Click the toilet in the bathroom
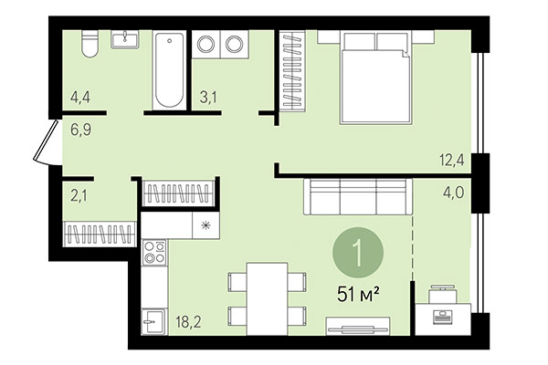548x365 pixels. (89, 44)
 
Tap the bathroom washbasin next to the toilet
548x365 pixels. (124, 39)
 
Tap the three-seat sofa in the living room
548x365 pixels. (356, 197)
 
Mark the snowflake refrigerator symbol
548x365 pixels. (203, 224)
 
